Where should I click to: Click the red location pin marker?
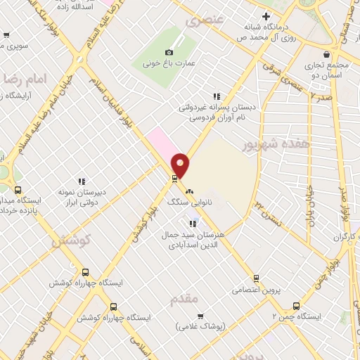pyautogui.click(x=181, y=165)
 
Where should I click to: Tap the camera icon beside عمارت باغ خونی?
pyautogui.click(x=168, y=52)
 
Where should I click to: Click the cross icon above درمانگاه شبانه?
pyautogui.click(x=266, y=16)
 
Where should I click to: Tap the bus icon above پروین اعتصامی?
pyautogui.click(x=256, y=278)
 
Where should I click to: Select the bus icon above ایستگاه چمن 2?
pyautogui.click(x=296, y=306)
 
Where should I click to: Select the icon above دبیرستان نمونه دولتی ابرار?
pyautogui.click(x=82, y=181)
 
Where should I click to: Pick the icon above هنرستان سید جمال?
pyautogui.click(x=193, y=224)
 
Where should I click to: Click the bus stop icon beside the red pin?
pyautogui.click(x=174, y=178)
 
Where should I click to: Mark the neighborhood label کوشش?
pyautogui.click(x=72, y=240)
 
